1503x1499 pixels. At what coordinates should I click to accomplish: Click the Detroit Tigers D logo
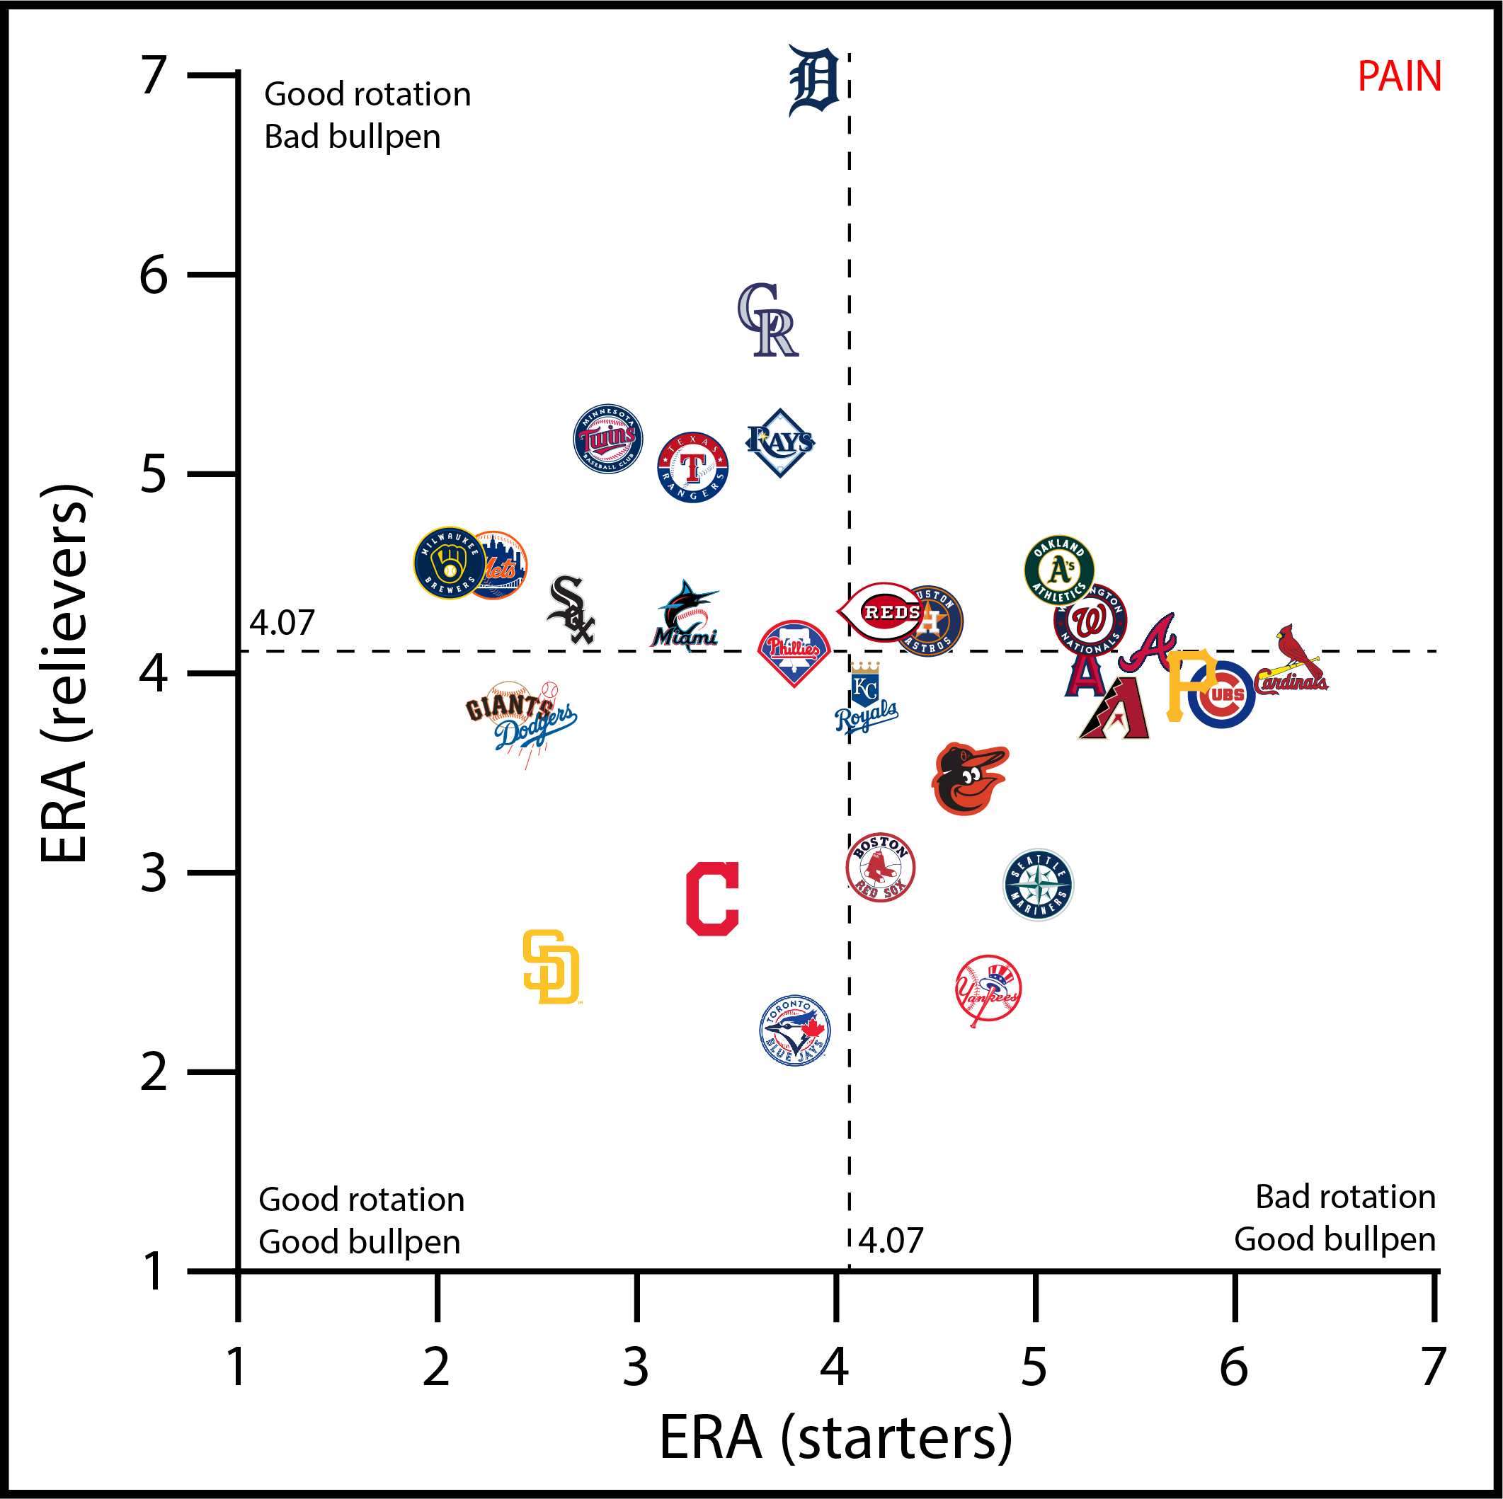coord(813,80)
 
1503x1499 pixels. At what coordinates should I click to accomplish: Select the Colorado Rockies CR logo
coord(769,320)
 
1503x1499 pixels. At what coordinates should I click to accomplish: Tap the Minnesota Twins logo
coord(607,439)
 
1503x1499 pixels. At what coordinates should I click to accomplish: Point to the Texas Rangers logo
coord(692,468)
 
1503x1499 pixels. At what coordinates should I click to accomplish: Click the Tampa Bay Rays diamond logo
coord(780,442)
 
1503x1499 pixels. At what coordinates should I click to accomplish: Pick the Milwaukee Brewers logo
coord(449,563)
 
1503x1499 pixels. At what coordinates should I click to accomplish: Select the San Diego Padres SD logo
coord(552,967)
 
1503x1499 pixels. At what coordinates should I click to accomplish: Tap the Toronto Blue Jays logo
coord(794,1030)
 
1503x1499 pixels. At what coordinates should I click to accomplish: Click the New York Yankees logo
coord(988,989)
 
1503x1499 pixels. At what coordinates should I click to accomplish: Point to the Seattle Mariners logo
coord(1038,885)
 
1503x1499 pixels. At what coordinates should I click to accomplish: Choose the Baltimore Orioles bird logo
coord(968,779)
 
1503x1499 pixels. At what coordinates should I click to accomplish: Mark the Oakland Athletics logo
coord(1059,570)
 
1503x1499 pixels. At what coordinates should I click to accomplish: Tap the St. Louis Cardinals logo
coord(1292,661)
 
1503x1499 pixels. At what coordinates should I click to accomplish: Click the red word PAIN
coord(1399,77)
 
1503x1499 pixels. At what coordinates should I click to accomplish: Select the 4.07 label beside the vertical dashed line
coord(891,1241)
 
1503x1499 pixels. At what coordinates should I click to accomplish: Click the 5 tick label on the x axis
coord(1033,1367)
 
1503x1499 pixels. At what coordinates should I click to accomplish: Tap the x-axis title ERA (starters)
coord(835,1437)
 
